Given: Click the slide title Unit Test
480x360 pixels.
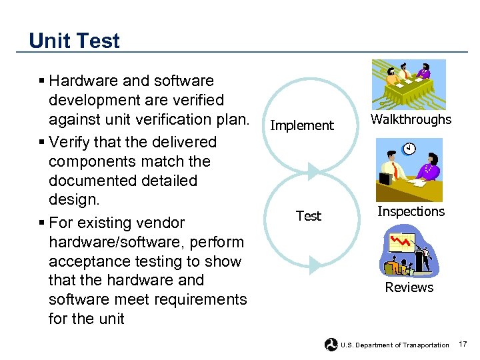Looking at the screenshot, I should [x=74, y=41].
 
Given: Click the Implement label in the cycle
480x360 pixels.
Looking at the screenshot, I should [x=301, y=125].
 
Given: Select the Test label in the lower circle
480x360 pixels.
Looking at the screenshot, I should [x=308, y=216].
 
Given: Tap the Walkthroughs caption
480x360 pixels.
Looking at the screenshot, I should [x=411, y=120].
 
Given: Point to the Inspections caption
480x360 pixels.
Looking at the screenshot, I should [x=411, y=211].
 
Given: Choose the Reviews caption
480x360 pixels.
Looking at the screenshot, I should [x=409, y=287].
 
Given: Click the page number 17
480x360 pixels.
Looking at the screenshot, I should [x=463, y=344].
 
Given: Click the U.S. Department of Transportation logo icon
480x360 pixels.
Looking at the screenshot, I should [x=331, y=345].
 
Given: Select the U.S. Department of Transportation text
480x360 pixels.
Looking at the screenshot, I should [x=395, y=345].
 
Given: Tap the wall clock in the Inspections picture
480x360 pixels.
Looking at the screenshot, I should [x=409, y=148].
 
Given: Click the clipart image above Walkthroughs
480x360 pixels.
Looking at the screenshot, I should [x=409, y=84].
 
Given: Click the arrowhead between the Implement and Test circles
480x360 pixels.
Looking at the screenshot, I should [x=315, y=171].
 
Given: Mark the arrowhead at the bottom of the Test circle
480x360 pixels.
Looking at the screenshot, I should [x=315, y=265].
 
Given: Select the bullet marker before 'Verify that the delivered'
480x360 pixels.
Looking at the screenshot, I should [x=42, y=143].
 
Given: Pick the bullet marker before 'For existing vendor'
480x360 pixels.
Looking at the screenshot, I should [x=42, y=223].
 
